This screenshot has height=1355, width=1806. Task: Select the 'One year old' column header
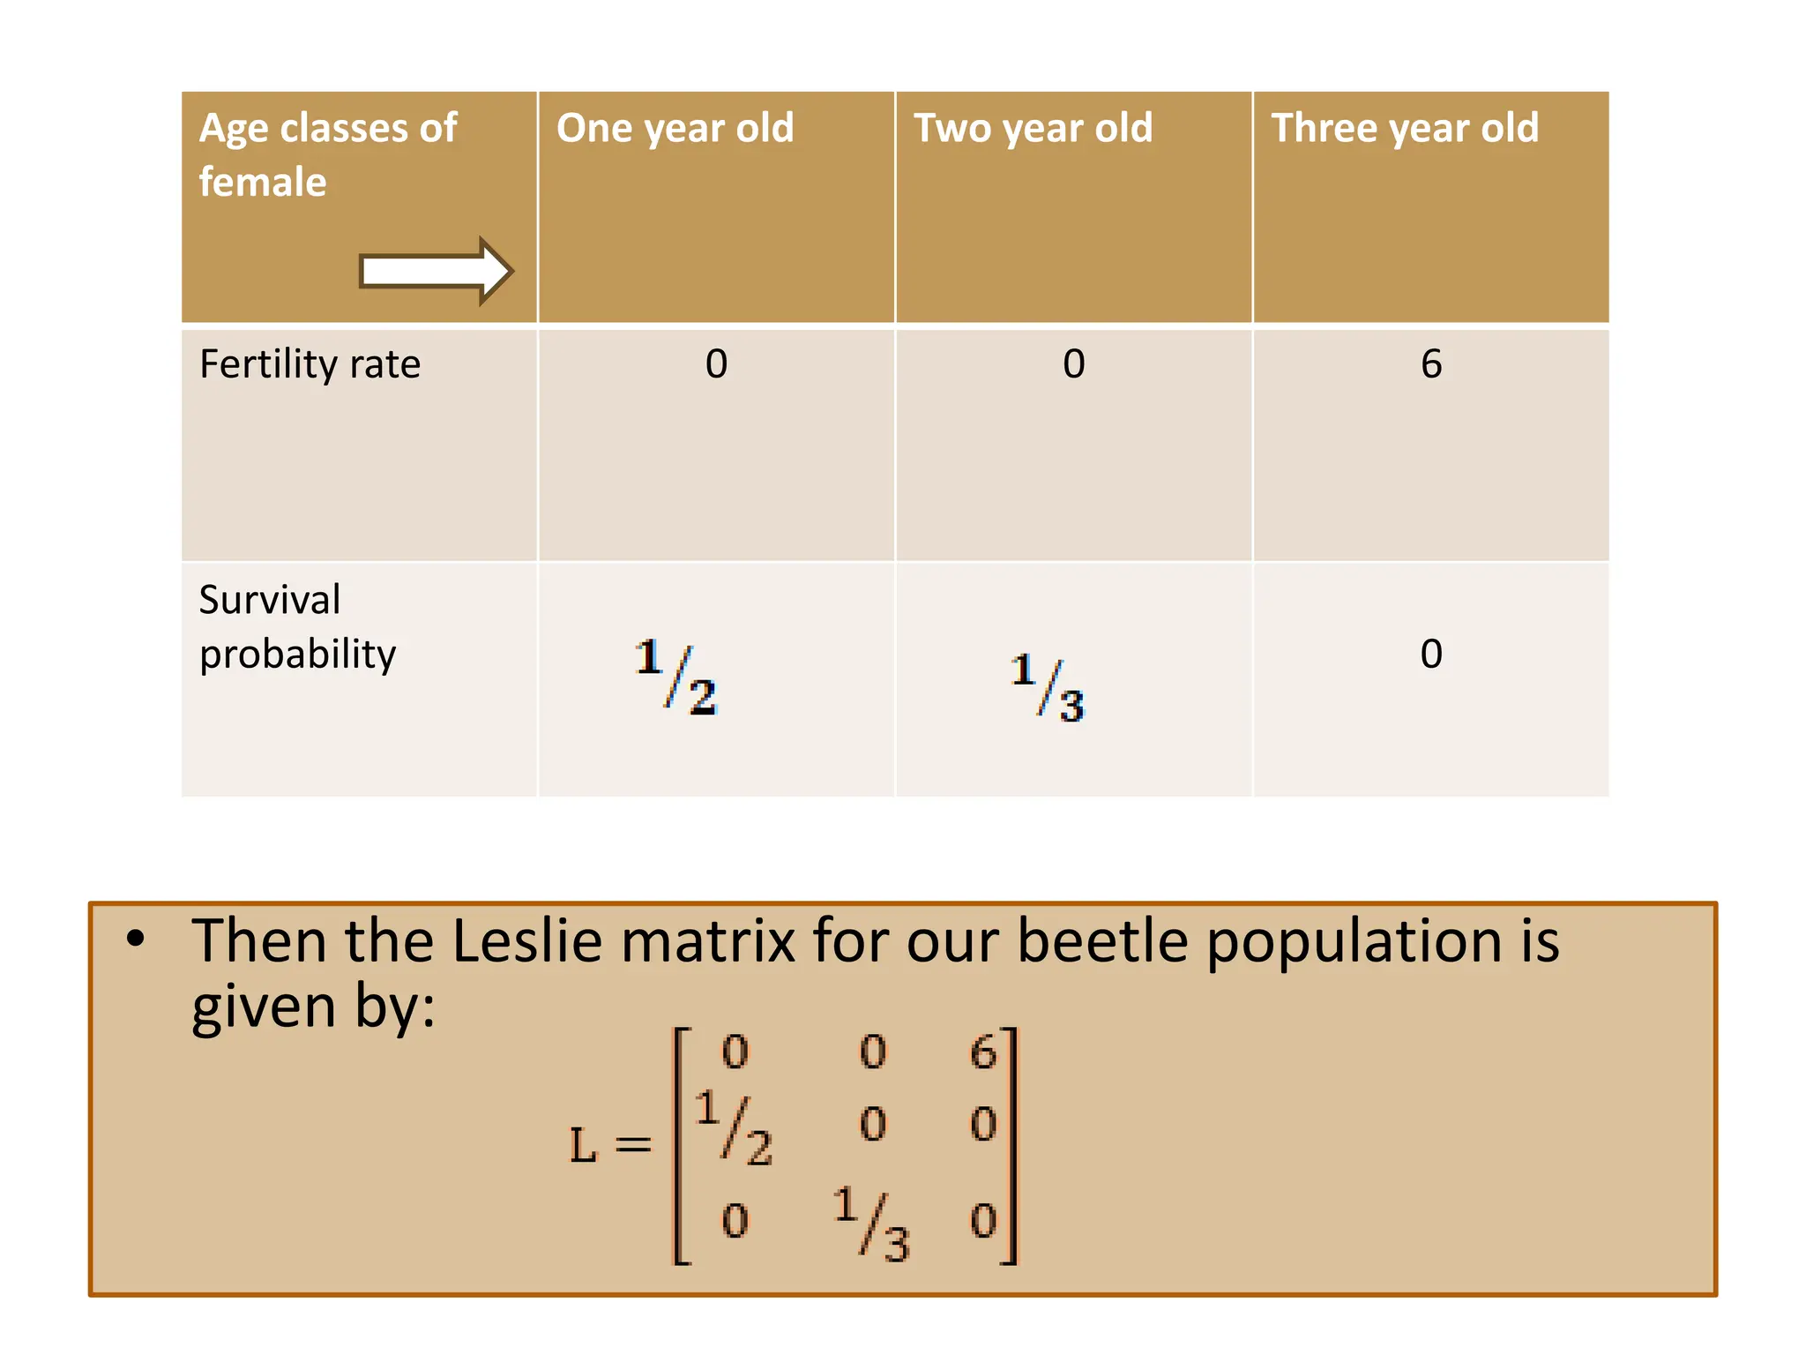tap(675, 129)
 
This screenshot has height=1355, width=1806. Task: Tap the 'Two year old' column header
tap(1033, 129)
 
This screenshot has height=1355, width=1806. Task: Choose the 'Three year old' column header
tap(1404, 129)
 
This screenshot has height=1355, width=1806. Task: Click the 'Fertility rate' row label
tap(310, 364)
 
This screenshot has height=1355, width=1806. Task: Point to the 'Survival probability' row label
tap(297, 626)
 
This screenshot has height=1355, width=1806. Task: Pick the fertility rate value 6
tap(1430, 364)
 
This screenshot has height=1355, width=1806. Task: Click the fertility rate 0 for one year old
tap(716, 364)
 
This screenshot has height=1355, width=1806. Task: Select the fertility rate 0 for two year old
tap(1073, 364)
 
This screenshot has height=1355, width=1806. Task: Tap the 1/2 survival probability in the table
tap(675, 677)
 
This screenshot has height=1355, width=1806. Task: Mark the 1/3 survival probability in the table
tap(1048, 688)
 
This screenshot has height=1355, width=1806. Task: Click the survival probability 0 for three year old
tap(1430, 654)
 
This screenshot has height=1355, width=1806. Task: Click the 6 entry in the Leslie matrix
tap(982, 1052)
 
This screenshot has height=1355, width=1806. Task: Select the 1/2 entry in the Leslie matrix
tap(733, 1128)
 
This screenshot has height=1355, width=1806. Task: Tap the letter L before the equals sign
tap(583, 1146)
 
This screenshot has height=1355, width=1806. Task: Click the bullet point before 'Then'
tap(135, 939)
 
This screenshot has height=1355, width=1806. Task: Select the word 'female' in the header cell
tap(263, 183)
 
